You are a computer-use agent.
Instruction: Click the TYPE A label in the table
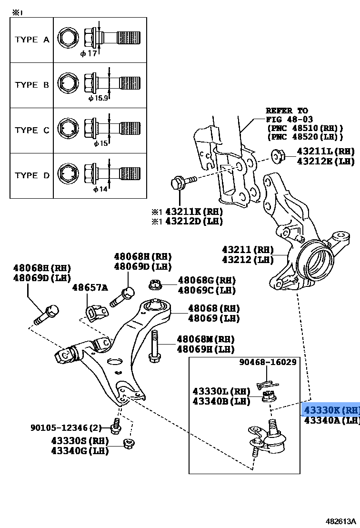(32, 40)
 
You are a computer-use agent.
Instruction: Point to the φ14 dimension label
(100, 189)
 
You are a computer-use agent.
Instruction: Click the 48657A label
(90, 287)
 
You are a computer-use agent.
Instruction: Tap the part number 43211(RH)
(248, 250)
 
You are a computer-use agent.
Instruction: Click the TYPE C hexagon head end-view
(67, 130)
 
